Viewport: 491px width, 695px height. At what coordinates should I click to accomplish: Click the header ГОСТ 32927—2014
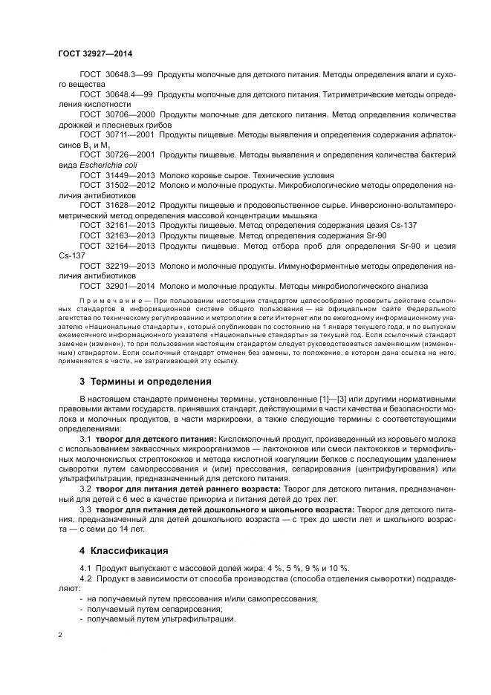click(95, 54)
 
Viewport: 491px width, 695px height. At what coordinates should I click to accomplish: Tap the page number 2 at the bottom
click(60, 635)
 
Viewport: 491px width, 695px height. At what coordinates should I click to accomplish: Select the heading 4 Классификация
click(124, 551)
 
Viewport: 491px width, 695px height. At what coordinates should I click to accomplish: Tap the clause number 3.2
click(85, 491)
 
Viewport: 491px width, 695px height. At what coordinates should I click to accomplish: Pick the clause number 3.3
click(85, 510)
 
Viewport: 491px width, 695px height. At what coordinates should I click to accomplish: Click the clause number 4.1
click(85, 569)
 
